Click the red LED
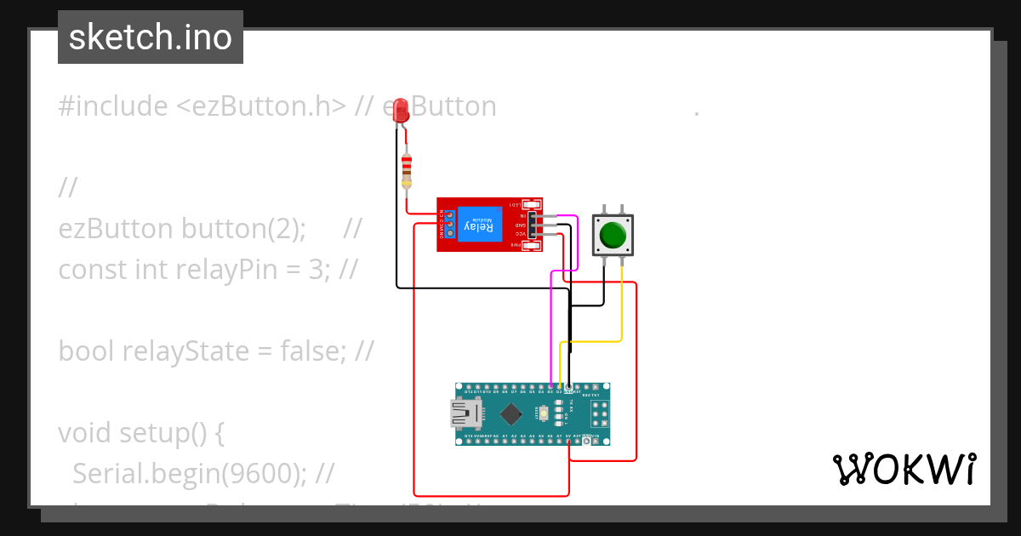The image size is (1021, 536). click(x=400, y=111)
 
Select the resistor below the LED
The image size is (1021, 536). click(x=407, y=170)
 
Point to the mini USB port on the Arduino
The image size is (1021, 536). click(x=465, y=414)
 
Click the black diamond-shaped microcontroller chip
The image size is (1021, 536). click(x=510, y=414)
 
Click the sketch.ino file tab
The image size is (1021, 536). click(x=151, y=37)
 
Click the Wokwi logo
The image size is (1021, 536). click(x=904, y=469)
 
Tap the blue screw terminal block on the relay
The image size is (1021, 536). click(x=448, y=225)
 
